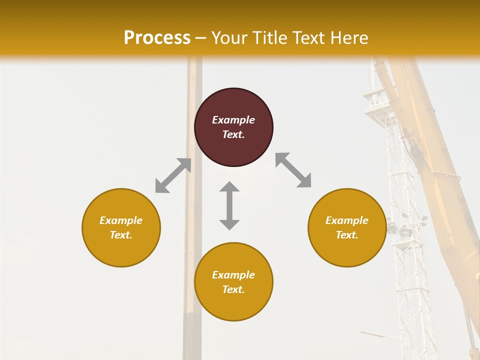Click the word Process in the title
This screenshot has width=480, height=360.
click(157, 38)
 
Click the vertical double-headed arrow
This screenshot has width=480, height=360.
click(229, 206)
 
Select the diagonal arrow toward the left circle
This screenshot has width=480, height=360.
click(173, 175)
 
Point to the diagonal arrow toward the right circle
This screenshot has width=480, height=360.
click(293, 170)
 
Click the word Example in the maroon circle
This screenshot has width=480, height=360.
click(233, 120)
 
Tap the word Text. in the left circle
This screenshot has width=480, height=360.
click(121, 235)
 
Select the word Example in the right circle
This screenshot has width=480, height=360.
click(347, 220)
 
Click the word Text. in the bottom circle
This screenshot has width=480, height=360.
click(233, 289)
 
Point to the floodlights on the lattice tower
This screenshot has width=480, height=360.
click(406, 227)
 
